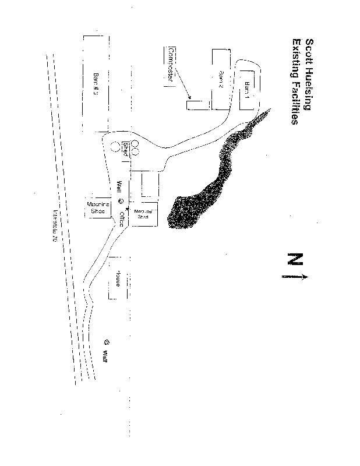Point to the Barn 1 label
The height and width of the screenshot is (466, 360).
click(247, 92)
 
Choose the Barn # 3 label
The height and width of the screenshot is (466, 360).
click(95, 83)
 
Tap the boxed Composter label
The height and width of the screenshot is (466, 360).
click(171, 64)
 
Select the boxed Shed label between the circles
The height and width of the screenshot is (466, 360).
click(125, 150)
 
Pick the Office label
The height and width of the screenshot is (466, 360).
click(121, 219)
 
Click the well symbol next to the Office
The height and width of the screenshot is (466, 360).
click(121, 201)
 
